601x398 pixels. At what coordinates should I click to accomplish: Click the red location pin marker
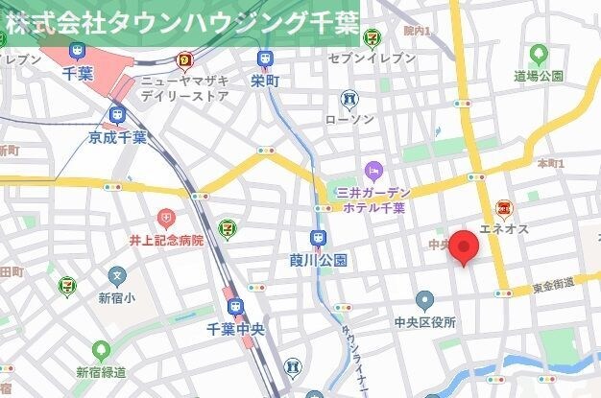click(466, 246)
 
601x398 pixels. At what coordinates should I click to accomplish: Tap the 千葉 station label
click(78, 73)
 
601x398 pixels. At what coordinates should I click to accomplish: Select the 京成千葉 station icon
click(118, 116)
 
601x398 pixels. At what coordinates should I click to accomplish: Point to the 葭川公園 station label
click(318, 260)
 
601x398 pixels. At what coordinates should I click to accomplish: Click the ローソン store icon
click(349, 98)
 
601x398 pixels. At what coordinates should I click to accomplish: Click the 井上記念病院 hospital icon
click(167, 220)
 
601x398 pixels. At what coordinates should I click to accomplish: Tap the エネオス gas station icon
click(503, 208)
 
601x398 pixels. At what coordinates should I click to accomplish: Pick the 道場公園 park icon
click(538, 54)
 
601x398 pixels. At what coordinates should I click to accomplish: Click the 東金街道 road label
click(555, 284)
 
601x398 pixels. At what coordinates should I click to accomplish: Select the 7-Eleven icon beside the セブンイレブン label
click(370, 37)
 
